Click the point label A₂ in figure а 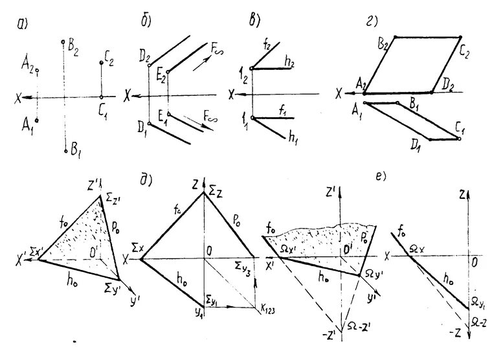tap(28, 63)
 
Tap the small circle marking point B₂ tap(63, 43)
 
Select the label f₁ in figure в tap(283, 111)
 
